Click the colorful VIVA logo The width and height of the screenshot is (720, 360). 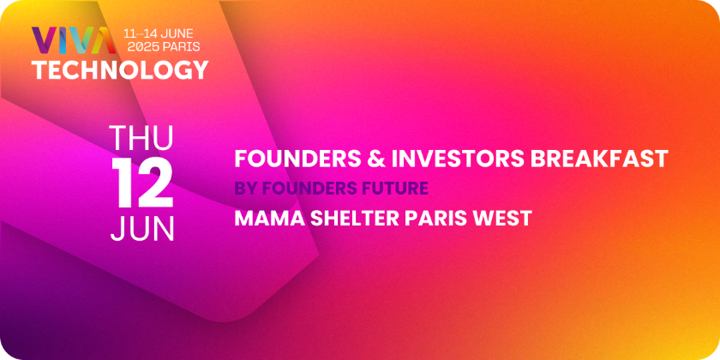[74, 40]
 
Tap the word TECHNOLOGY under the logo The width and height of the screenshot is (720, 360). [120, 70]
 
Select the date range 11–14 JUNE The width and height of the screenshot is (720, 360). [159, 33]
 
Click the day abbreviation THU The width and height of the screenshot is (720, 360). [142, 138]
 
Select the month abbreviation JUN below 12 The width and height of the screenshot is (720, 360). [142, 228]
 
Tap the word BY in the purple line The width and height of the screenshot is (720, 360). [243, 189]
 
